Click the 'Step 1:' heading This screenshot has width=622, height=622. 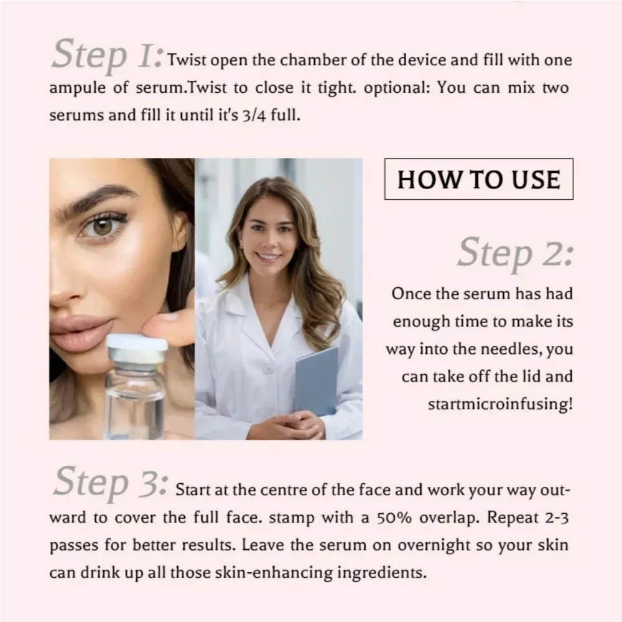click(x=107, y=55)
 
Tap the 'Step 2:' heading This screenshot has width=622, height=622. click(x=515, y=253)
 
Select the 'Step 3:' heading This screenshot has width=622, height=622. click(x=111, y=483)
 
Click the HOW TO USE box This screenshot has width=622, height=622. click(x=479, y=179)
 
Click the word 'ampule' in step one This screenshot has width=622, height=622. click(x=77, y=88)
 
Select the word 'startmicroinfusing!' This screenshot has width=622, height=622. click(x=500, y=404)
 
